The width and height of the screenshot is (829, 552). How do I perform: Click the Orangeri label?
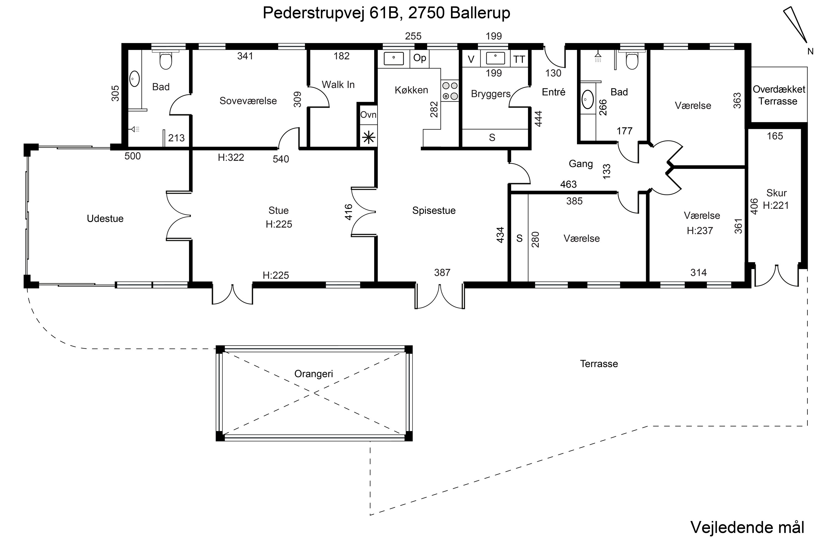[x=313, y=373]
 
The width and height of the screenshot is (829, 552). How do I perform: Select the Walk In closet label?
[x=338, y=84]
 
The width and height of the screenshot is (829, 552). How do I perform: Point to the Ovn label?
[x=368, y=115]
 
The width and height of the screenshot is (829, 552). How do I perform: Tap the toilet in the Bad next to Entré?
[x=632, y=61]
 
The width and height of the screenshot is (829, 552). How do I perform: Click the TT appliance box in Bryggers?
[x=519, y=59]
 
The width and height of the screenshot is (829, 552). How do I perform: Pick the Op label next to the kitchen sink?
[x=419, y=58]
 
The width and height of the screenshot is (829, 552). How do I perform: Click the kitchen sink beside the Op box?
[x=393, y=59]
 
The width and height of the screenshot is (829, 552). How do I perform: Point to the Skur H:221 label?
[x=776, y=199]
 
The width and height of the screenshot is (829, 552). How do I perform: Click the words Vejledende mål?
[x=747, y=527]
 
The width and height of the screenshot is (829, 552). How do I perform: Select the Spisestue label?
[x=434, y=211]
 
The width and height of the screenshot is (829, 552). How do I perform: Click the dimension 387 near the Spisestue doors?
[x=442, y=272]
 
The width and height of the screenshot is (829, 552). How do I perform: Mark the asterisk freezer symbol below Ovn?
[x=368, y=137]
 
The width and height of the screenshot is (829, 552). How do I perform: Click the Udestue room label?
[x=105, y=219]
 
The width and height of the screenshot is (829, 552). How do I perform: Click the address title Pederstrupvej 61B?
[x=386, y=13]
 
